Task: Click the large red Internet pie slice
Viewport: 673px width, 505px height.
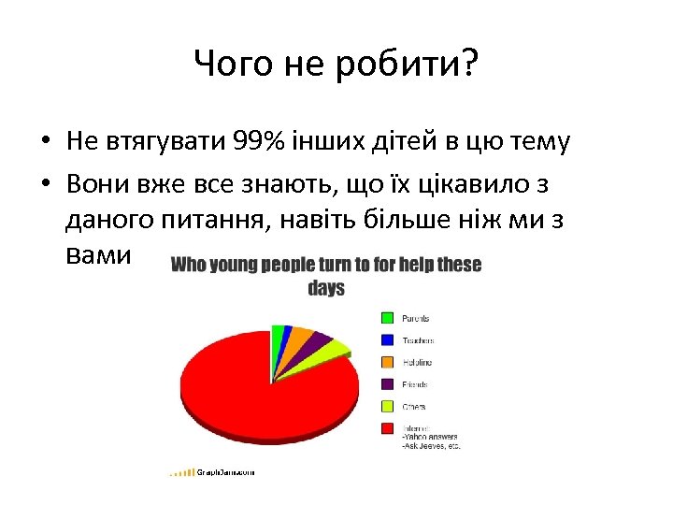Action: [252, 393]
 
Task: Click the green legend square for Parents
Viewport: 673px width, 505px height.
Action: [386, 318]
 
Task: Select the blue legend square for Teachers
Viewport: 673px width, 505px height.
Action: [386, 340]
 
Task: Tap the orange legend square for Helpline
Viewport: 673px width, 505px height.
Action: [386, 362]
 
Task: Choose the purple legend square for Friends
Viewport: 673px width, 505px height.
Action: [386, 384]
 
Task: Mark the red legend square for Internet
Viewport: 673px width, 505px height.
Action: [386, 428]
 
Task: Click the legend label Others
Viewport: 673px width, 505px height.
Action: [414, 407]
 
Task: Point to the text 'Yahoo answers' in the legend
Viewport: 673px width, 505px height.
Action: [431, 437]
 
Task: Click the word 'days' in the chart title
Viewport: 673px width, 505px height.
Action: [326, 289]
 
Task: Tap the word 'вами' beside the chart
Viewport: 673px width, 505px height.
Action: [101, 254]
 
